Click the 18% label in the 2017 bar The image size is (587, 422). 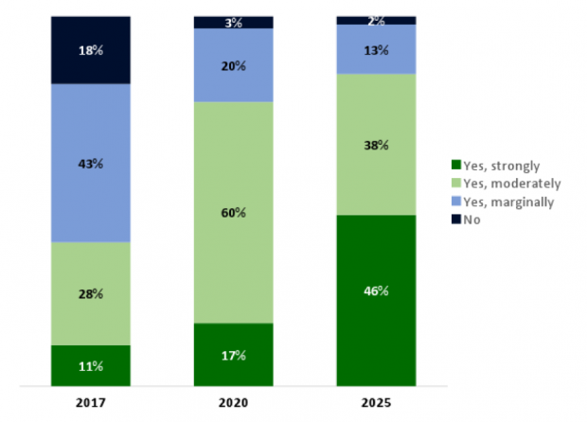pos(91,51)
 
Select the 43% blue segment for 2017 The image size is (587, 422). pos(91,163)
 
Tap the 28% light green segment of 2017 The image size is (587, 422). pos(91,293)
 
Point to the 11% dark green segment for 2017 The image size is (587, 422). pos(91,365)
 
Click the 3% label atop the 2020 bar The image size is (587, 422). pos(234,22)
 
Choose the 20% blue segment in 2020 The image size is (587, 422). pos(234,65)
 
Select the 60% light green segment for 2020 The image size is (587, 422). pos(234,212)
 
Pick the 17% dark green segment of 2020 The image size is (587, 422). pos(234,355)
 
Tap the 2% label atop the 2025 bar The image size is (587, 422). pos(377,20)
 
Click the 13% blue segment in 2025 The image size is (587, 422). pos(377,49)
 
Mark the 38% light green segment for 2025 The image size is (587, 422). pos(377,145)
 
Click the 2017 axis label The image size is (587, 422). pos(91,403)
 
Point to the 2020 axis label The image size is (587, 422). pos(234,403)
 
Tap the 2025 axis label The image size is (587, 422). pos(377,403)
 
